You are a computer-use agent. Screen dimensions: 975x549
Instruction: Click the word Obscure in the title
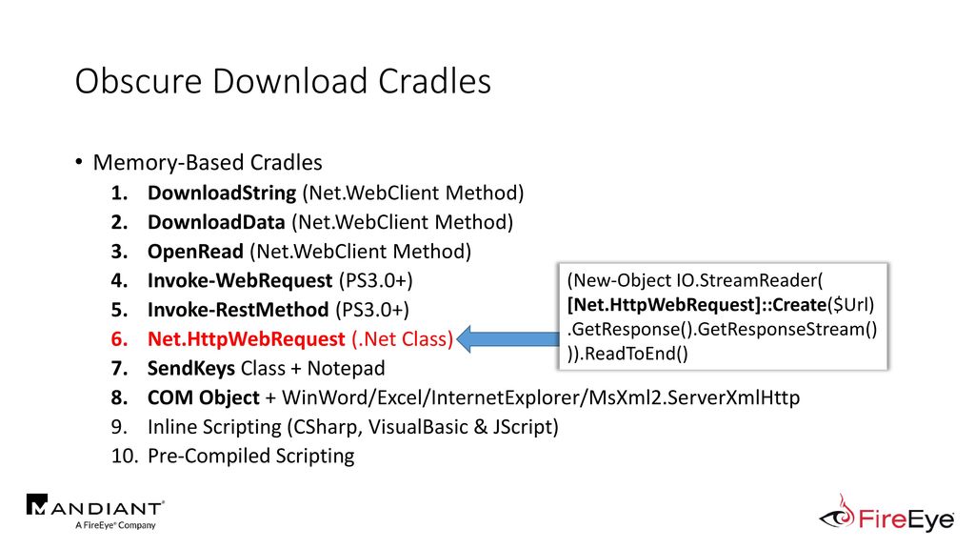click(139, 82)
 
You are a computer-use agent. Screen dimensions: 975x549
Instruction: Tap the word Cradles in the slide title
click(434, 82)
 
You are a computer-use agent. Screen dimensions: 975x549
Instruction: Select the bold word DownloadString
click(222, 193)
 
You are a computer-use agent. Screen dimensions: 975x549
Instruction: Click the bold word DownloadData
click(216, 222)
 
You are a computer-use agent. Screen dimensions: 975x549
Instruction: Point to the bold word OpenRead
click(195, 252)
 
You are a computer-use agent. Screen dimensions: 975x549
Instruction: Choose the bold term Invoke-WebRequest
click(240, 281)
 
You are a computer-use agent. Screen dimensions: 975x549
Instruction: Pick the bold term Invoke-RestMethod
click(238, 310)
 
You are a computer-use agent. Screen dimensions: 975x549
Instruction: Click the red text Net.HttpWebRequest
click(247, 339)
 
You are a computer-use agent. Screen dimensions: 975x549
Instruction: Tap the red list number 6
click(119, 339)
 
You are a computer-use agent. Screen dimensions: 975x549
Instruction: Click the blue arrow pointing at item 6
click(508, 339)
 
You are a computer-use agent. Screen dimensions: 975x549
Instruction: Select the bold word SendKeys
click(190, 369)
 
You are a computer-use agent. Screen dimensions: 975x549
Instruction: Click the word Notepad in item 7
click(347, 369)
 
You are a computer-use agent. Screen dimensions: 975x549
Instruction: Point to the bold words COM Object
click(204, 397)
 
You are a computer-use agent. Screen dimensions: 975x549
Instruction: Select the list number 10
click(125, 457)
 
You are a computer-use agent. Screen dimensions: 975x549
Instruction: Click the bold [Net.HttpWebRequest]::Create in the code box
click(697, 305)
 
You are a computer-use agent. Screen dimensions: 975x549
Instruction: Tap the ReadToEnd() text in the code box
click(637, 354)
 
